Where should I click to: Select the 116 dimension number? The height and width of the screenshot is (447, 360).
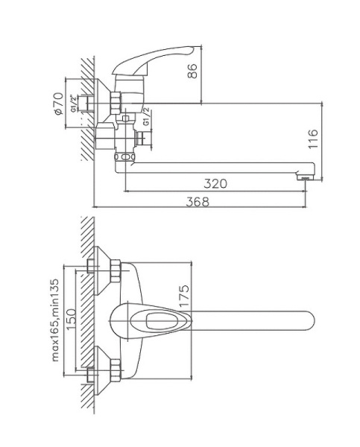[x=313, y=139]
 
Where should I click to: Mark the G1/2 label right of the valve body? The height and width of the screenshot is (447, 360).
[x=147, y=118]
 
